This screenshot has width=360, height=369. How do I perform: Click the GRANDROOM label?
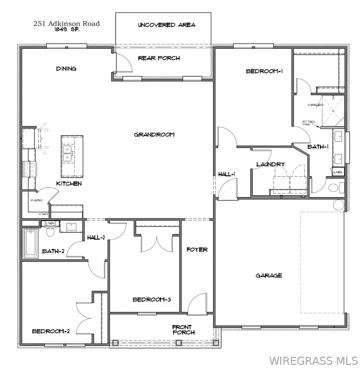tap(154, 135)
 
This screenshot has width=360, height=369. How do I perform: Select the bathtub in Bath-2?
tap(30, 243)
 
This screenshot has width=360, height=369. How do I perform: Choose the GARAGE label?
tap(269, 275)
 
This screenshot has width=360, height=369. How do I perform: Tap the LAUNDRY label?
tap(270, 164)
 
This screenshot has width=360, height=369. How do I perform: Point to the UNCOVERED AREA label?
tap(166, 25)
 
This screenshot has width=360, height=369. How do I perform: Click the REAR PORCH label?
tap(159, 58)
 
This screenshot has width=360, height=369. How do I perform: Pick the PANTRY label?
tap(37, 201)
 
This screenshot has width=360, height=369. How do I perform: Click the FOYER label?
tap(197, 250)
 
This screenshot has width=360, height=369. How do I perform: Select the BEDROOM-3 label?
tap(152, 299)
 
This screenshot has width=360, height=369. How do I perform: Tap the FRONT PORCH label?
tap(184, 329)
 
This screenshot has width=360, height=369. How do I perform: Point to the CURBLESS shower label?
tap(315, 105)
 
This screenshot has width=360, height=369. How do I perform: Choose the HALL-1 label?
tap(226, 174)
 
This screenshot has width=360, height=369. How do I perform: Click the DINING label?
tap(66, 69)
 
